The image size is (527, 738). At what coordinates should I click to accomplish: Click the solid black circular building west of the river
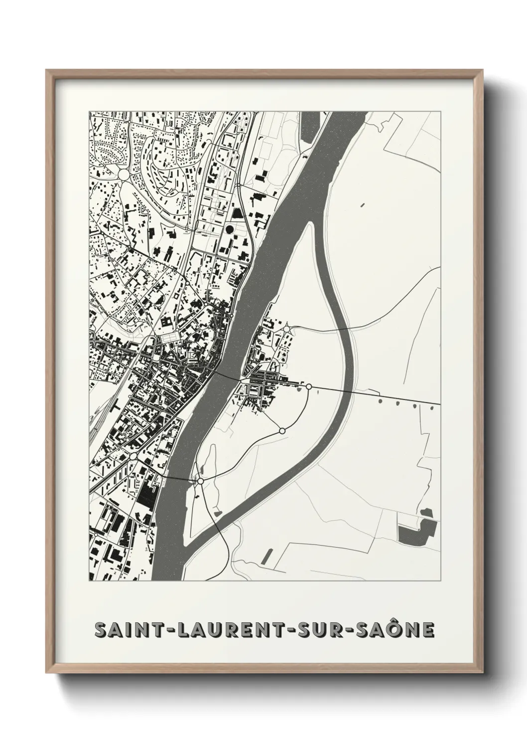pos(229,229)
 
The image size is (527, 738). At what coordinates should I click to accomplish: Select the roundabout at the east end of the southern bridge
pos(200,481)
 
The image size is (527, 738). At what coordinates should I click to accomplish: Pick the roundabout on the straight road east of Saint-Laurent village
pos(309,386)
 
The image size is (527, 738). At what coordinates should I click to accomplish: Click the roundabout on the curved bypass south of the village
pos(282,430)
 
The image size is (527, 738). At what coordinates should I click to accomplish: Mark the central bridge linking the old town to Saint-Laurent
pos(227,375)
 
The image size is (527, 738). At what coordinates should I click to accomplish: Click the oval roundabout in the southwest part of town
pos(133,456)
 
